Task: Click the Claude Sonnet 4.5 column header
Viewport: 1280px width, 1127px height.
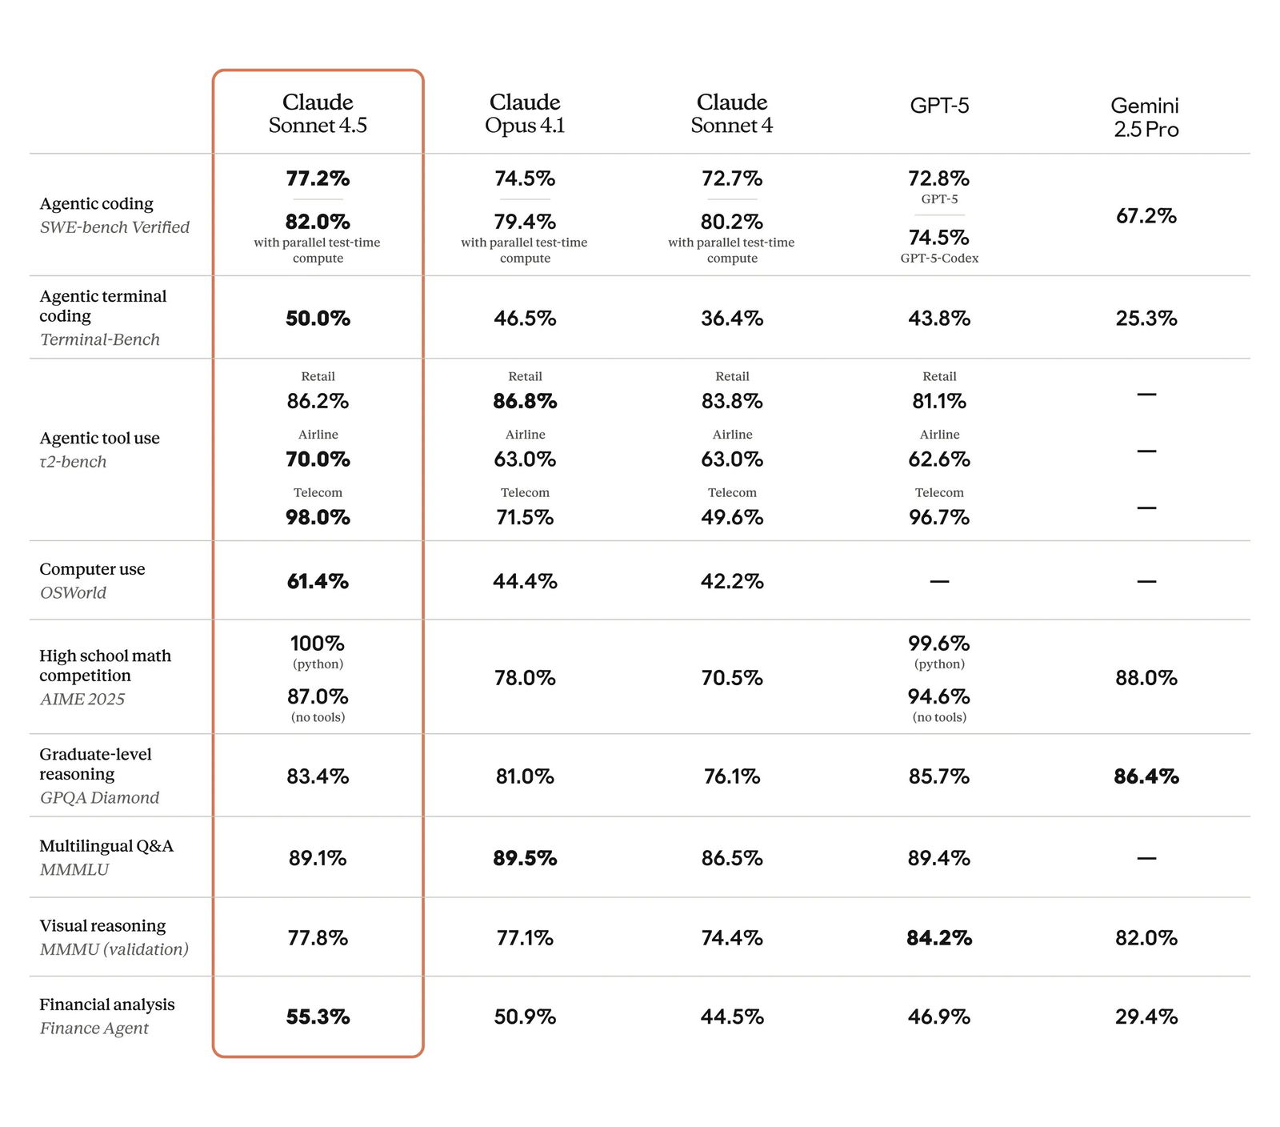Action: click(318, 114)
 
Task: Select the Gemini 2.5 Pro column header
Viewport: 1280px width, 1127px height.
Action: click(1146, 117)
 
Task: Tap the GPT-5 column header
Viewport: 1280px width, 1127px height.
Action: click(939, 106)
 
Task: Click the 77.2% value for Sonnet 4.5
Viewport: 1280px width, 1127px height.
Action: click(318, 178)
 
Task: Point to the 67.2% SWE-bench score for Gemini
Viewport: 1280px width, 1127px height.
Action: click(1146, 216)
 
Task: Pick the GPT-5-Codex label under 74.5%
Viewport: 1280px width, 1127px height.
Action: click(939, 258)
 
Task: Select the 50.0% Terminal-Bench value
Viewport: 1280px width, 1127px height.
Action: click(318, 319)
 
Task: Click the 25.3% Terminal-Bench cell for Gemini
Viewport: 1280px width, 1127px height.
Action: click(1146, 319)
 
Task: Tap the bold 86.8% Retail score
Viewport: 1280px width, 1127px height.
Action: click(525, 401)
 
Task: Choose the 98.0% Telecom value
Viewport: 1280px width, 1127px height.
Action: click(318, 518)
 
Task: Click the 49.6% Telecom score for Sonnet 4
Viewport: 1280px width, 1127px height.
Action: click(732, 518)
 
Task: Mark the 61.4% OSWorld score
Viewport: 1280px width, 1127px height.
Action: click(318, 582)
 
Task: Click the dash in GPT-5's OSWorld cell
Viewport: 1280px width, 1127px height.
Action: click(939, 582)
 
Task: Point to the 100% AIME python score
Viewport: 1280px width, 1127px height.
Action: click(318, 644)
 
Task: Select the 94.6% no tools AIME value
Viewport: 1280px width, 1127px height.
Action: click(939, 696)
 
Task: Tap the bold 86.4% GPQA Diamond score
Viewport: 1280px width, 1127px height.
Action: click(1146, 776)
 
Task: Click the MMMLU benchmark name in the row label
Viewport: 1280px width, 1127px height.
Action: click(74, 869)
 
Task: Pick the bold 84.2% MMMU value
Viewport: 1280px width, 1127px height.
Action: click(939, 938)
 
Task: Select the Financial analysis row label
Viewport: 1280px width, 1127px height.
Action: click(106, 1005)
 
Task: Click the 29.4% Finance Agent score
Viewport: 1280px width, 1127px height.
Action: click(1146, 1017)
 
